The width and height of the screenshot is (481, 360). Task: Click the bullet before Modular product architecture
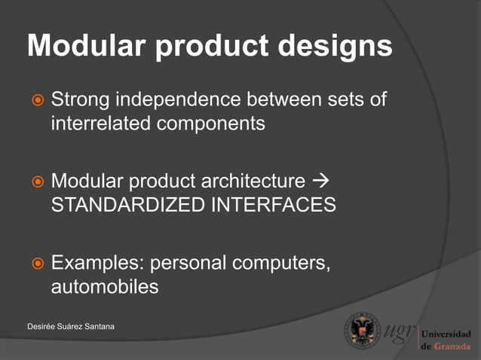click(36, 182)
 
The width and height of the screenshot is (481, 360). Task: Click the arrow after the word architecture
click(321, 182)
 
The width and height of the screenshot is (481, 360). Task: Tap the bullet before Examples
click(36, 264)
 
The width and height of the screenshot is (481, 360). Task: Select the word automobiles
click(104, 287)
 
